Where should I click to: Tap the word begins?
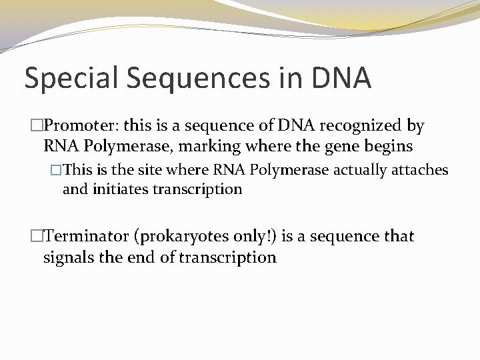click(388, 146)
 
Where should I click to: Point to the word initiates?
click(121, 189)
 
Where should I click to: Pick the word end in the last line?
click(150, 257)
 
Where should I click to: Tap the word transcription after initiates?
click(197, 189)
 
